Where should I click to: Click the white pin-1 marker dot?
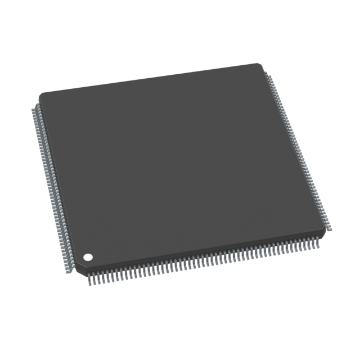coord(88,258)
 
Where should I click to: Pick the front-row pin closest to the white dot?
coord(89,278)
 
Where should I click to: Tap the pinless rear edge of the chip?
coord(152,78)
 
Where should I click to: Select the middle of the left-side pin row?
coord(53,186)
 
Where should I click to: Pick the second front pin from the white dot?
coord(93,278)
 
